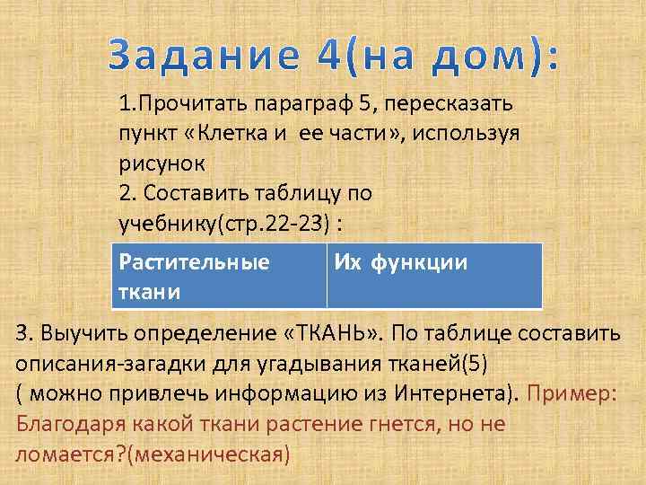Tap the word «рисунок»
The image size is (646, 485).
(161, 164)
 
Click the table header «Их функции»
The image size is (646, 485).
(400, 263)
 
